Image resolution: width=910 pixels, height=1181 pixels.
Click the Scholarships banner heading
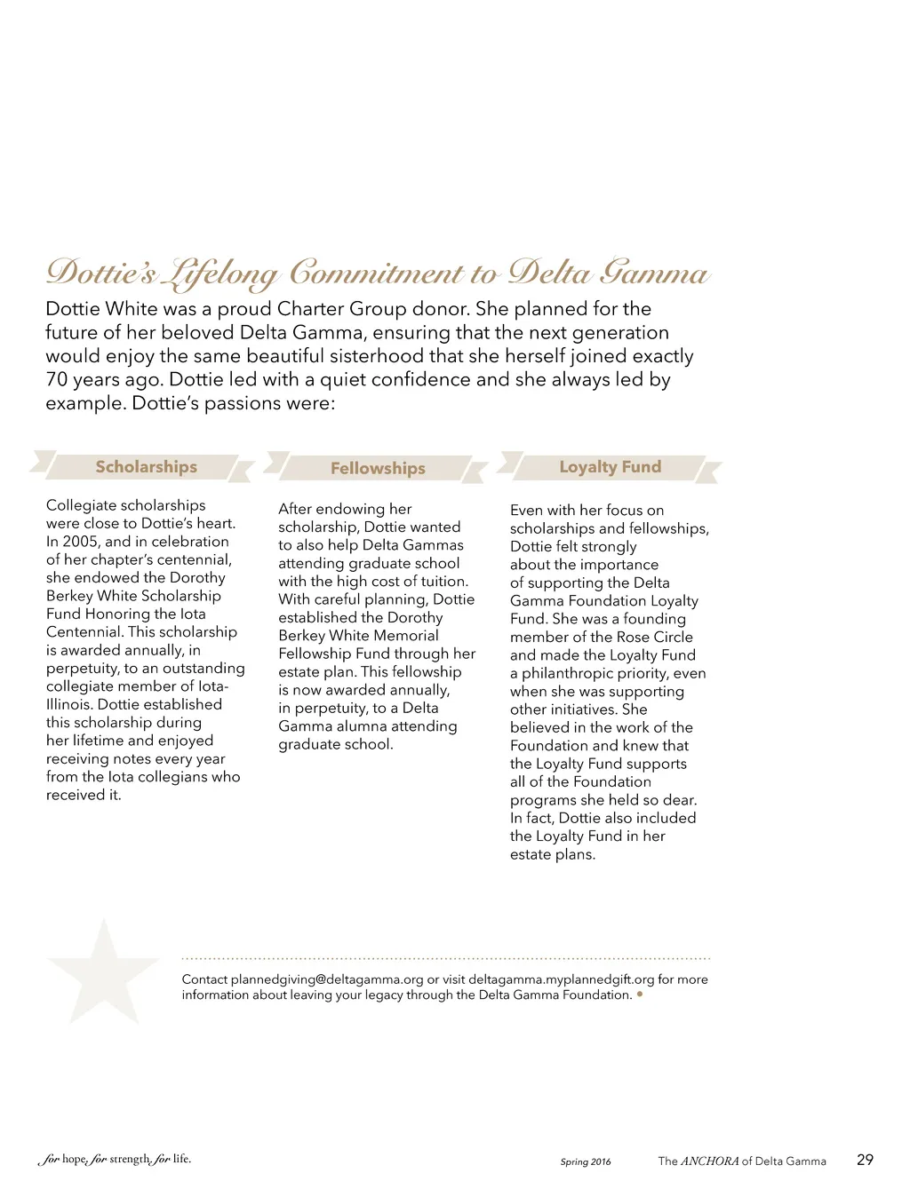tap(146, 467)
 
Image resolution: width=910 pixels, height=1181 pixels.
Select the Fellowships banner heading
tap(378, 469)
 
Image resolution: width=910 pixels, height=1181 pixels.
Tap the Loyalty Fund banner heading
tap(610, 467)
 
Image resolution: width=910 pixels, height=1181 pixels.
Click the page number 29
tap(865, 1160)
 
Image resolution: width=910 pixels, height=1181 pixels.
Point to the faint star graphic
tap(104, 973)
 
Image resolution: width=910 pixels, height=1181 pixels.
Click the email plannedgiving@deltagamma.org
tap(327, 979)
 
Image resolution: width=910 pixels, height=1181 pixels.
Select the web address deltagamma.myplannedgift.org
tap(561, 979)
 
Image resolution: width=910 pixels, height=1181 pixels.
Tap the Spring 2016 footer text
tap(586, 1161)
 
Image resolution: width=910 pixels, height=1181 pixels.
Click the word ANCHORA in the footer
tap(709, 1161)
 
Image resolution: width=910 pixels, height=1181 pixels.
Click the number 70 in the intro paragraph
tap(57, 380)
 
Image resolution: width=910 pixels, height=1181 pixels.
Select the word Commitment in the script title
tap(376, 273)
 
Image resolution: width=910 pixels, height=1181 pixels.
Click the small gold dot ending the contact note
tap(640, 995)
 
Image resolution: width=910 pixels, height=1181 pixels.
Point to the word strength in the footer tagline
tap(130, 1159)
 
